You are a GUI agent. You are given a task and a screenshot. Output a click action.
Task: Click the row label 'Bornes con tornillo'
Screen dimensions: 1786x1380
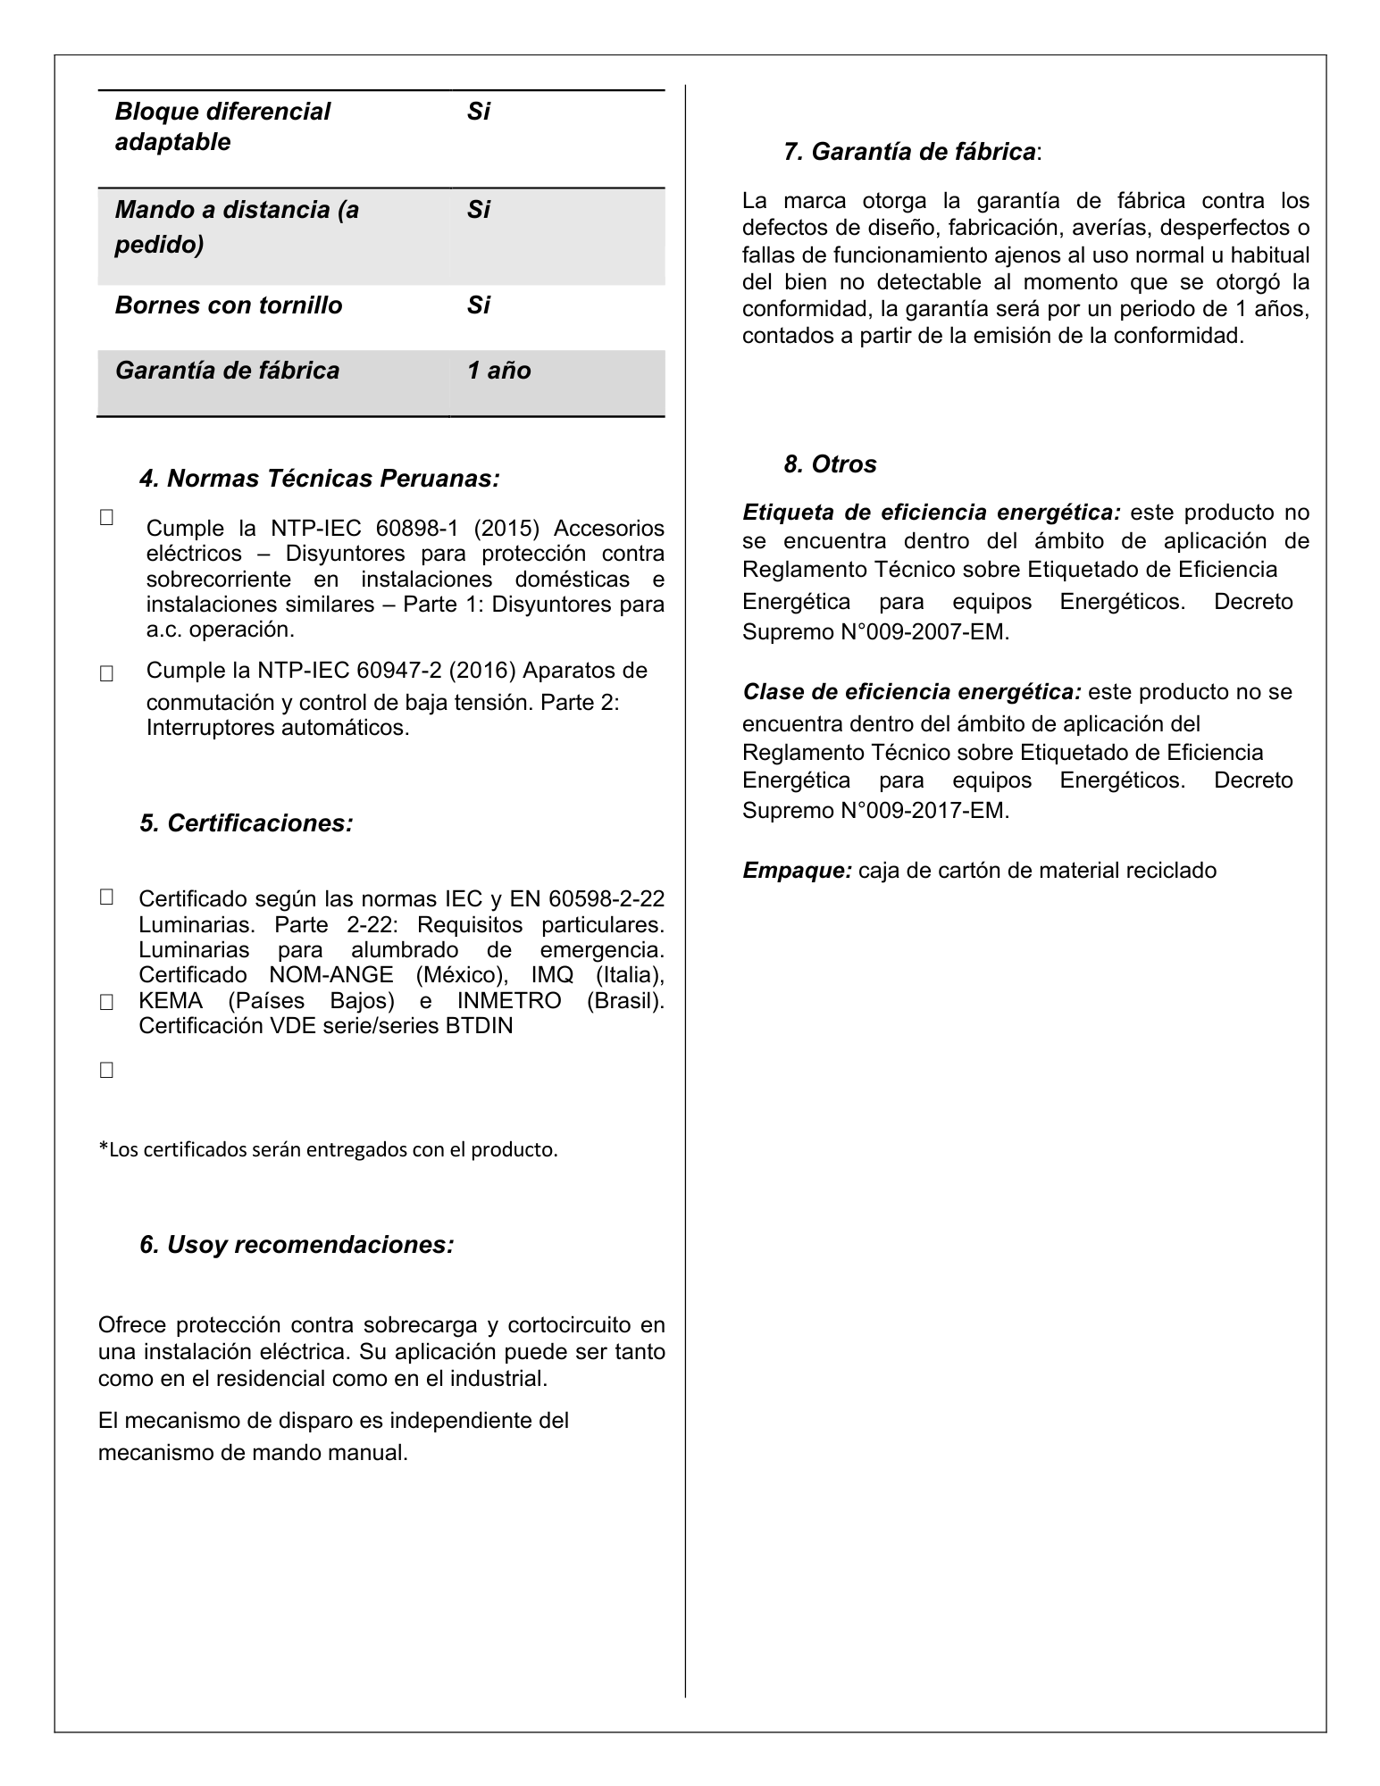229,305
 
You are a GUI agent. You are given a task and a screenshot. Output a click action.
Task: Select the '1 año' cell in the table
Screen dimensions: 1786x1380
498,371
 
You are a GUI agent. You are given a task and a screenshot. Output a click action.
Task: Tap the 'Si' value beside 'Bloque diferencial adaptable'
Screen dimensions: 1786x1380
479,112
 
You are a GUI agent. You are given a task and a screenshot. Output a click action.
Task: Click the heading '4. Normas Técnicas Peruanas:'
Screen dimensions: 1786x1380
319,479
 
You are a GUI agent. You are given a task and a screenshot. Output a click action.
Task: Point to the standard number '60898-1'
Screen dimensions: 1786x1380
415,528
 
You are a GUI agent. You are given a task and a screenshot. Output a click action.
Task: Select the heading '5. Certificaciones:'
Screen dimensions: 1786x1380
246,822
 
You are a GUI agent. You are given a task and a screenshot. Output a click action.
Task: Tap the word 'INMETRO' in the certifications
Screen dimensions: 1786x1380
509,1000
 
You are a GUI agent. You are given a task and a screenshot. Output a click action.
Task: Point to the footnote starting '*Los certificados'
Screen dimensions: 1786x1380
327,1149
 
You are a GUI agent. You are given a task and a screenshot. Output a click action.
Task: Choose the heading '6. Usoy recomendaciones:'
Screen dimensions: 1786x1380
297,1244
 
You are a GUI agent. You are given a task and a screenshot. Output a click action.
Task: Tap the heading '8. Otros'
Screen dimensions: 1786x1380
830,464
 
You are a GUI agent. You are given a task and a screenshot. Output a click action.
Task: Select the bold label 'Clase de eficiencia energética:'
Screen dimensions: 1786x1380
912,692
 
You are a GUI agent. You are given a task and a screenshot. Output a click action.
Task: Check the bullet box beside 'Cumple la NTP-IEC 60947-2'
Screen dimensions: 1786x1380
106,674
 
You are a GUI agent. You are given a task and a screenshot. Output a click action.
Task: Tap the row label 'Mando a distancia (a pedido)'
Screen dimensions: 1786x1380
237,227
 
